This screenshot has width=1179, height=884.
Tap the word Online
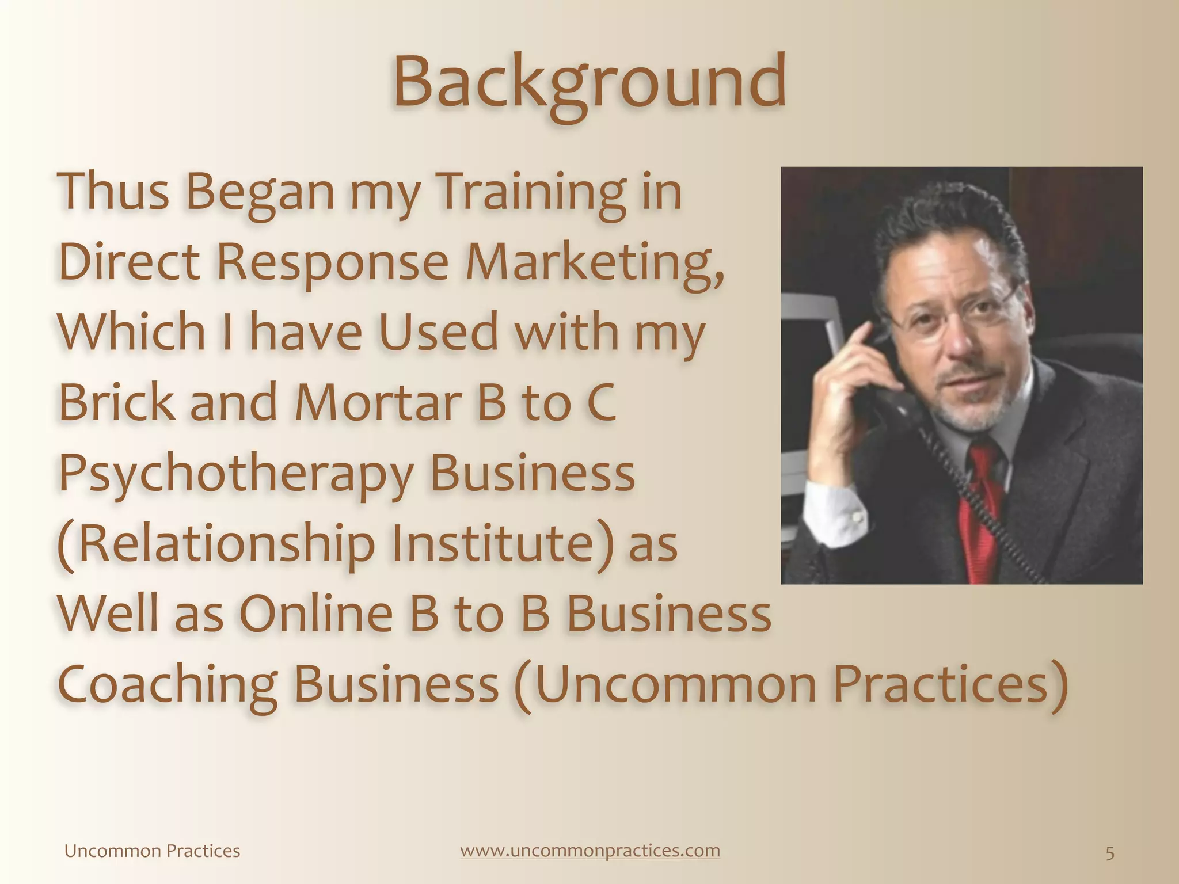(x=315, y=614)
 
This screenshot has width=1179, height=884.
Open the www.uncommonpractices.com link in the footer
(x=589, y=851)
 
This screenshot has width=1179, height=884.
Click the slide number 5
(x=1110, y=853)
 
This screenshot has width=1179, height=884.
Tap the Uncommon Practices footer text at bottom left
(x=152, y=851)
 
